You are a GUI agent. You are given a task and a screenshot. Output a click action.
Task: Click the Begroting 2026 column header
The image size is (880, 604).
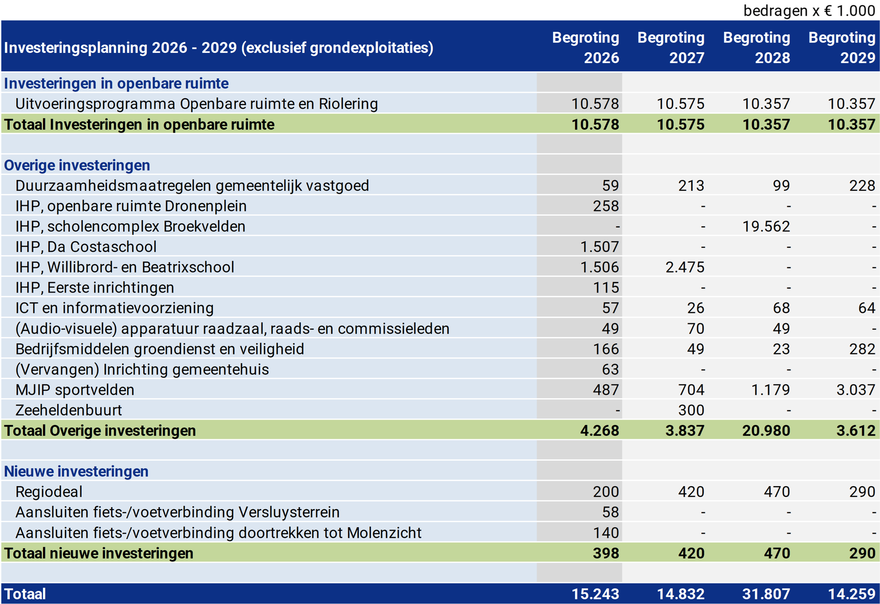point(585,47)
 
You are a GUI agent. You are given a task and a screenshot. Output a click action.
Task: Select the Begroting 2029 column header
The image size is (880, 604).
point(841,47)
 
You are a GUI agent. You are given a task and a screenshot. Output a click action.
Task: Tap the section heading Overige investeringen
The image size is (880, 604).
point(77,165)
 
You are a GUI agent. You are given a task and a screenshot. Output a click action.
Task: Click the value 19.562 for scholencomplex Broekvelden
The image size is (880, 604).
point(766,226)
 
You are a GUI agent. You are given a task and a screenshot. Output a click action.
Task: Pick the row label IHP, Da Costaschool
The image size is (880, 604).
point(86,247)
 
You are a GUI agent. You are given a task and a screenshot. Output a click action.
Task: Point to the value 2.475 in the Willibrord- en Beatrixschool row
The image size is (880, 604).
point(684,268)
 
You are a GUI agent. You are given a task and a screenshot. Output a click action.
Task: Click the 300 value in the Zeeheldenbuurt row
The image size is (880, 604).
point(691,410)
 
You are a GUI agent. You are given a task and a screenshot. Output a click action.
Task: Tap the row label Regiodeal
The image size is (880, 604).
point(49,492)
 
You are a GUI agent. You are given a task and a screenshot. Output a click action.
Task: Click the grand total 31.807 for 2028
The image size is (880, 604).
point(766,594)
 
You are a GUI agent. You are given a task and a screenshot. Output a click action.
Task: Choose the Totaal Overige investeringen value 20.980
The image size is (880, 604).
point(766,431)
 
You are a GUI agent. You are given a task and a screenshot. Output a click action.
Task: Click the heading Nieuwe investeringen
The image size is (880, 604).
point(76,471)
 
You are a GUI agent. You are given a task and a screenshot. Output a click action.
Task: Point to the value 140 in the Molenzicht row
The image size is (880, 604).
point(606,533)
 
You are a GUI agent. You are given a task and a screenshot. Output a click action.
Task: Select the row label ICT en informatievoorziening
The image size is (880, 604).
point(114,308)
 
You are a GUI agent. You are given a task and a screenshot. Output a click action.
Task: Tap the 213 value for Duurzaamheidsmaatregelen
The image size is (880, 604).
point(691,186)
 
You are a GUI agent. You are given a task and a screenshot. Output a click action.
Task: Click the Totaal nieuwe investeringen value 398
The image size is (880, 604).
point(606,553)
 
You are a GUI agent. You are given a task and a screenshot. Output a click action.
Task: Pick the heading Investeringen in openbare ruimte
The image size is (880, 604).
point(116,84)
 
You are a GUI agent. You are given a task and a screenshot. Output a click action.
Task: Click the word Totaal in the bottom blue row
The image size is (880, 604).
point(25,594)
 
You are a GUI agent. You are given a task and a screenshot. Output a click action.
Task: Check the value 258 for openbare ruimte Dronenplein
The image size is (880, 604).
point(606,206)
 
